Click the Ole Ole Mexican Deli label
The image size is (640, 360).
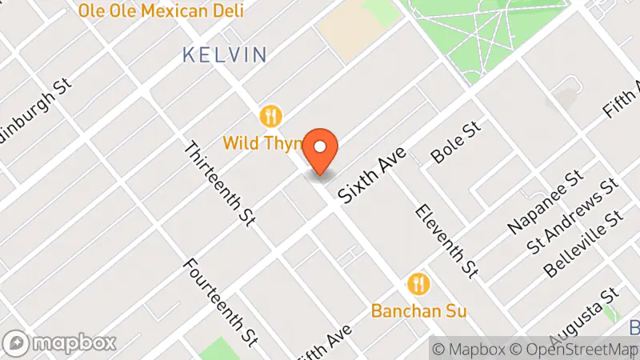click(161, 11)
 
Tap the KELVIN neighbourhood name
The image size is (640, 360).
click(223, 55)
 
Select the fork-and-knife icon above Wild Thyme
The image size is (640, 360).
click(272, 117)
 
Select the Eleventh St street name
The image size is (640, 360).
click(446, 239)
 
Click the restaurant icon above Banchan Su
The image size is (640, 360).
click(418, 283)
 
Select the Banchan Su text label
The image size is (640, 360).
click(418, 310)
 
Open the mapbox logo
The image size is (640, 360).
click(60, 343)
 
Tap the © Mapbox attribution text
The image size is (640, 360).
click(470, 349)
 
